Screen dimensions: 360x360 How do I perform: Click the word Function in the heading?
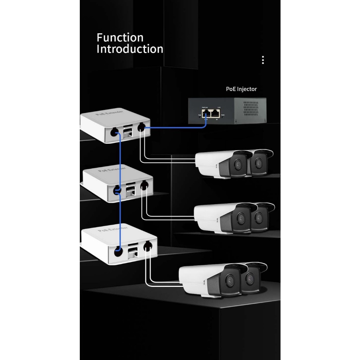(x=120, y=37)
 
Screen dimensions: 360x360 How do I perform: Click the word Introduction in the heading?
(x=130, y=49)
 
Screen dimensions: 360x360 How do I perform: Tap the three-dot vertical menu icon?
(x=263, y=60)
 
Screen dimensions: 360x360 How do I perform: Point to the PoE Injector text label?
(x=241, y=89)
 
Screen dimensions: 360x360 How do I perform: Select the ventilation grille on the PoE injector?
(x=252, y=109)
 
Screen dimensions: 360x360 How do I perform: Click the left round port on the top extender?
(x=114, y=132)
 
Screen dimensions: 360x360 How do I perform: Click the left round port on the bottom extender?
(x=118, y=251)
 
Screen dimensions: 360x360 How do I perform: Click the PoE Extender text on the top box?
(x=109, y=116)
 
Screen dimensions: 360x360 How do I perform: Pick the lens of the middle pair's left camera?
(x=241, y=218)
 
